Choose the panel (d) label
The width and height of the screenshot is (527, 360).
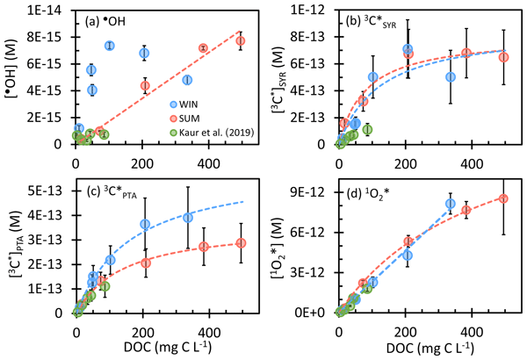click(374, 194)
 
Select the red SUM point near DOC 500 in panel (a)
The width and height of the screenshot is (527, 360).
click(241, 40)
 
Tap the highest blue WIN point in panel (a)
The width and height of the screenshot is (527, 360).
click(110, 46)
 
